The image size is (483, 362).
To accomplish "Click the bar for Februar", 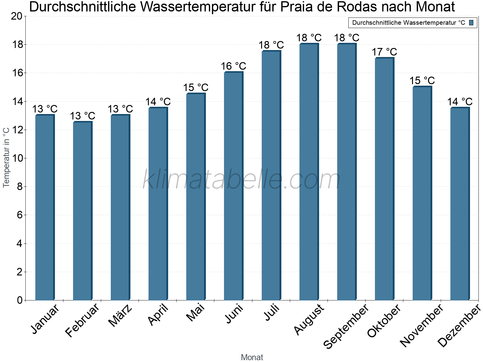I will [82, 211].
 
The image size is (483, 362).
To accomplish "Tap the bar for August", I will [309, 172].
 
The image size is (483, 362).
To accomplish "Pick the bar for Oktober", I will [384, 179].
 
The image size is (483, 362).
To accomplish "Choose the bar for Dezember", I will [460, 204].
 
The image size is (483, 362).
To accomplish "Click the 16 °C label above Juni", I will [233, 66].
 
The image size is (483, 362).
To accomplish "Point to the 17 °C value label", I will [384, 52].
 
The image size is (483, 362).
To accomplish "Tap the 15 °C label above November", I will [422, 81].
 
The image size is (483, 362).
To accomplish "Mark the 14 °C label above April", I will [158, 102].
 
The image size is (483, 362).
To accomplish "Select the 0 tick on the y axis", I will [20, 300].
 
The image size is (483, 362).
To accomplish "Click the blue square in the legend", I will [471, 23].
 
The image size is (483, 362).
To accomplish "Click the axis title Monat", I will [252, 357].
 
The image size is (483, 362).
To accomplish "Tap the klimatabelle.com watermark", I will [241, 180].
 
